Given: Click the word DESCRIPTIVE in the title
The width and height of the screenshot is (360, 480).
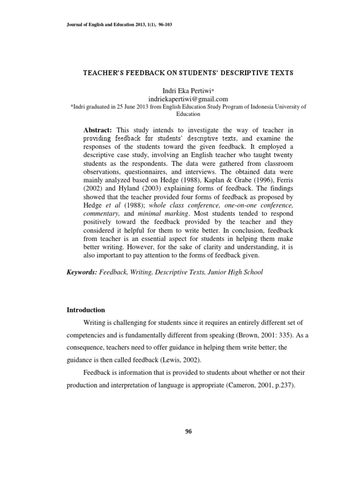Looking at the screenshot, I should pos(225,73).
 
